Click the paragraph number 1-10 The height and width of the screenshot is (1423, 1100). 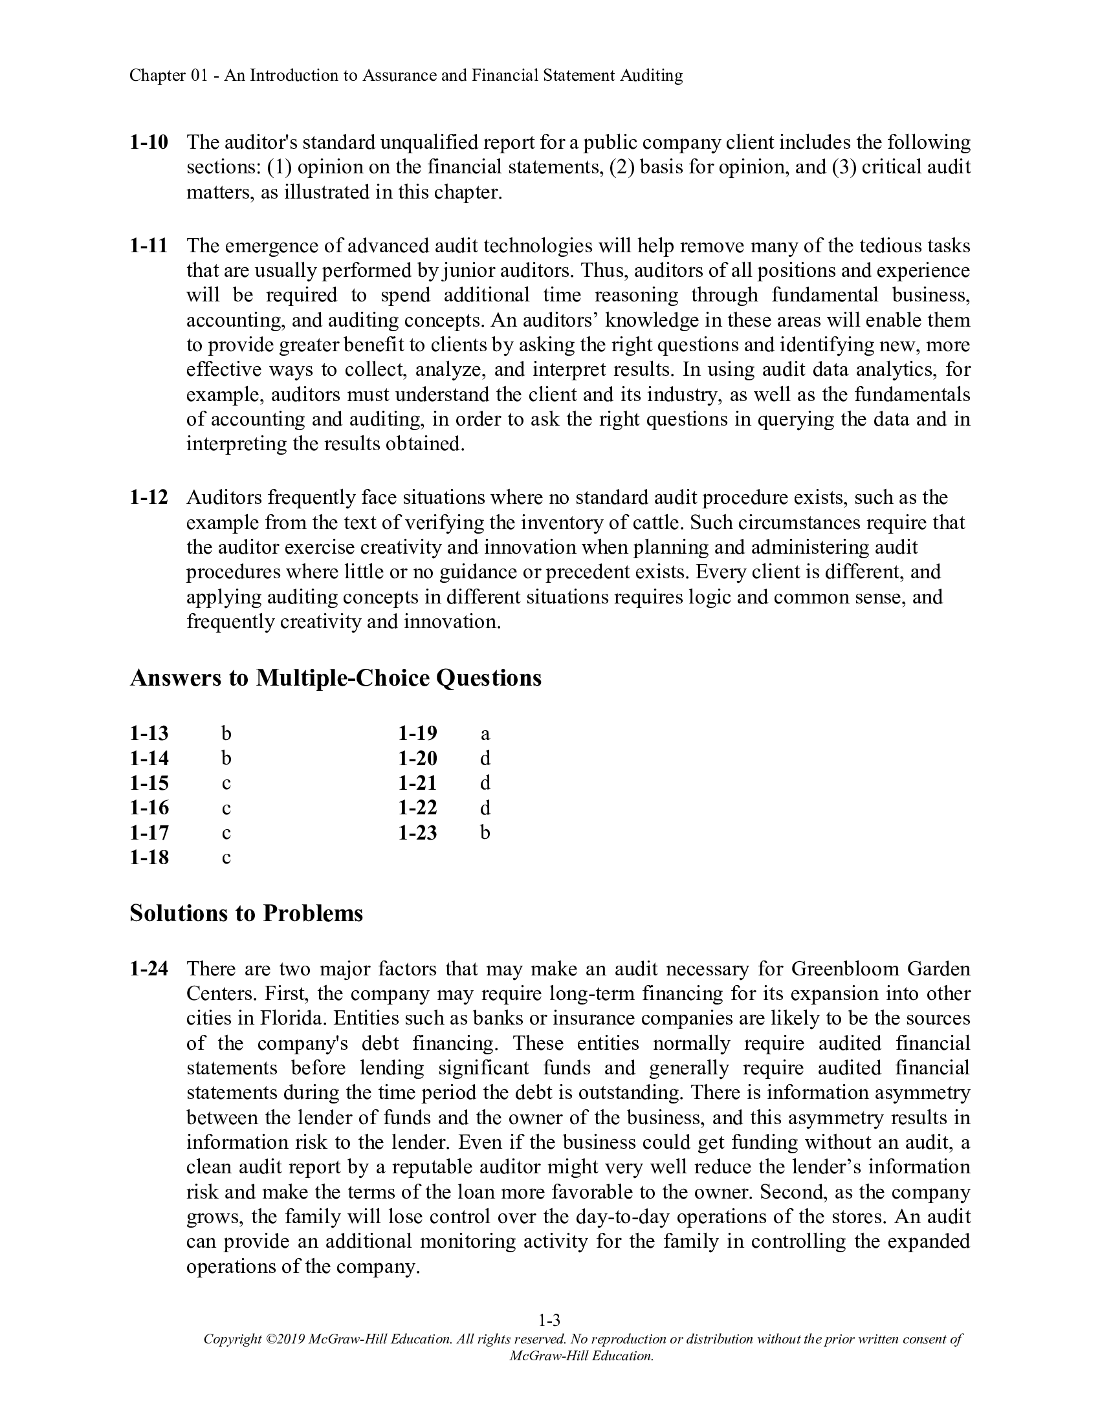click(149, 142)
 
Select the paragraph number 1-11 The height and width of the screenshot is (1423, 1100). click(149, 246)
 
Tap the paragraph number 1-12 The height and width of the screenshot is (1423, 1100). click(149, 498)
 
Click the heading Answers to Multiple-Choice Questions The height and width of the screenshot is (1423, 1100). click(336, 679)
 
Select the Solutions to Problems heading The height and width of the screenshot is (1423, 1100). click(247, 913)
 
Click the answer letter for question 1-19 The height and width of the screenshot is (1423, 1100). click(485, 733)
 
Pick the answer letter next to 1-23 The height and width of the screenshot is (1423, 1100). click(485, 832)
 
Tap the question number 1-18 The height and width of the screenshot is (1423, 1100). click(149, 858)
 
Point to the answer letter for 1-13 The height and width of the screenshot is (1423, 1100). click(226, 733)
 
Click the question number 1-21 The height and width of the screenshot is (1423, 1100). click(418, 783)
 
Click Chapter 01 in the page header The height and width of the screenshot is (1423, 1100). click(168, 76)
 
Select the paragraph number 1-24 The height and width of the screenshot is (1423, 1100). click(149, 969)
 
